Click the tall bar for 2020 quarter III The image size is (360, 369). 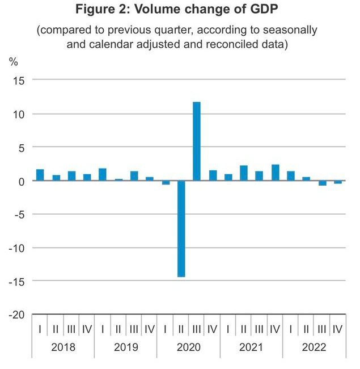click(x=197, y=141)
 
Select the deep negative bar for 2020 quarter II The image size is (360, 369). click(x=181, y=229)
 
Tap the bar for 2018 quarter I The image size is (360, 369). click(x=40, y=175)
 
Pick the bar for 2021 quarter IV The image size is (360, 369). click(x=276, y=173)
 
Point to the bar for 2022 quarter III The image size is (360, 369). click(x=307, y=183)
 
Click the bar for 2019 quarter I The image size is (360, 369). click(x=103, y=175)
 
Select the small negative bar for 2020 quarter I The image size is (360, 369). click(x=166, y=182)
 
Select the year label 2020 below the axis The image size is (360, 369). click(x=189, y=347)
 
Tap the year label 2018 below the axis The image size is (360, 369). click(x=63, y=347)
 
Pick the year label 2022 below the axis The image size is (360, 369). click(x=314, y=347)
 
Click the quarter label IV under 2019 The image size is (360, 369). click(x=150, y=329)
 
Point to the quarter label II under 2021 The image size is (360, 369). click(x=244, y=329)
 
